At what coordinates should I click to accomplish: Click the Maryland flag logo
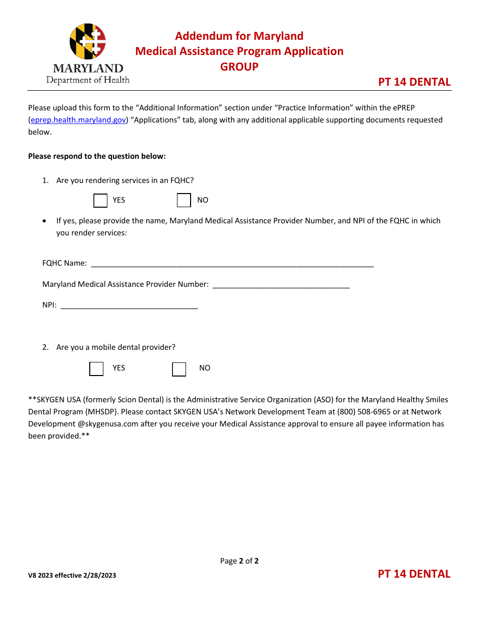[88, 42]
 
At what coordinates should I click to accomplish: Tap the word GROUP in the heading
[239, 67]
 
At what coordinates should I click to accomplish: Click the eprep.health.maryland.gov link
[78, 120]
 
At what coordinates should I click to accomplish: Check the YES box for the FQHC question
[101, 201]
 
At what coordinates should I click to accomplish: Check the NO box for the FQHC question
[184, 201]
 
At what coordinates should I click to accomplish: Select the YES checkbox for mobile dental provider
[96, 369]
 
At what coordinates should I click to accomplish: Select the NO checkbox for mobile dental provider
[179, 369]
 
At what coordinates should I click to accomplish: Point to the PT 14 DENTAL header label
[414, 82]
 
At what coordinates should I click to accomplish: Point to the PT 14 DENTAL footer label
[414, 574]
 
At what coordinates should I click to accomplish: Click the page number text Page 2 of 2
[239, 561]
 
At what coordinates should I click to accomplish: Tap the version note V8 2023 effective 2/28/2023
[72, 575]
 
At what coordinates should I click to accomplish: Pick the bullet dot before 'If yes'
[45, 221]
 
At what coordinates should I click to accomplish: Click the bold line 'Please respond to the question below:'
[97, 156]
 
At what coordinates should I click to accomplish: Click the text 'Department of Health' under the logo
[88, 80]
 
